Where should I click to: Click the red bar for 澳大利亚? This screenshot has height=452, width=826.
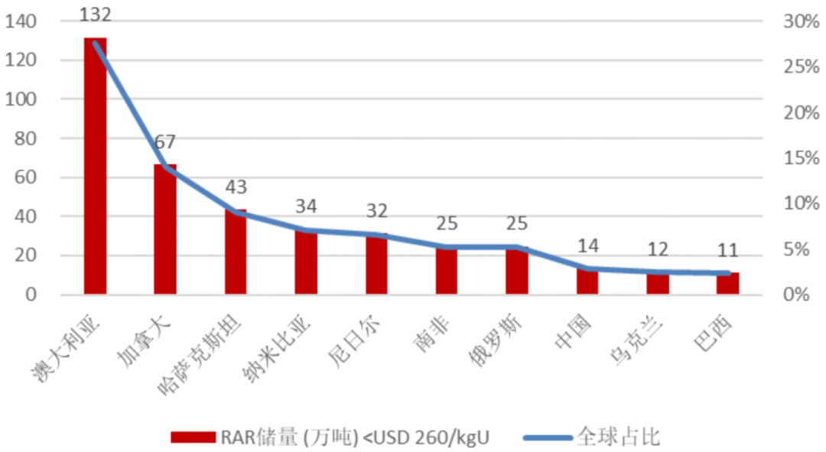[x=96, y=166]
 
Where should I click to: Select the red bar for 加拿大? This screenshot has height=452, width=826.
[x=165, y=229]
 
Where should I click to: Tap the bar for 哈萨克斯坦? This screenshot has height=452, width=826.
[x=236, y=252]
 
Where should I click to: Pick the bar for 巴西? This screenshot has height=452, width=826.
[x=727, y=284]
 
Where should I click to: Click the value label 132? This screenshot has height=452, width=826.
[x=96, y=15]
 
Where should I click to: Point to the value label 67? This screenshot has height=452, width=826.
[x=165, y=141]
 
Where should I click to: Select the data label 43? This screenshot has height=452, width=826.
[x=236, y=187]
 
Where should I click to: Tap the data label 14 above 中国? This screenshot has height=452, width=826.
[x=587, y=246]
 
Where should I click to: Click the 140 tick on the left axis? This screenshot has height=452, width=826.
[x=21, y=21]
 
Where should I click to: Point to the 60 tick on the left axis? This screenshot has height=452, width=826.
[x=26, y=177]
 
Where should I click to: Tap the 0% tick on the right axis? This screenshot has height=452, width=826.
[x=796, y=294]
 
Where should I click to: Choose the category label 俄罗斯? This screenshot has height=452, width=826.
[x=496, y=340]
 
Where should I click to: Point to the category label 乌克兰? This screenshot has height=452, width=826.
[x=636, y=340]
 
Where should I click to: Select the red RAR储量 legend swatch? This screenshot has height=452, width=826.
[x=193, y=437]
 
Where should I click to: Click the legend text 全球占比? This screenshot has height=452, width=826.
[x=619, y=437]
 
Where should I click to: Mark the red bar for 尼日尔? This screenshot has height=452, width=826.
[x=376, y=263]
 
